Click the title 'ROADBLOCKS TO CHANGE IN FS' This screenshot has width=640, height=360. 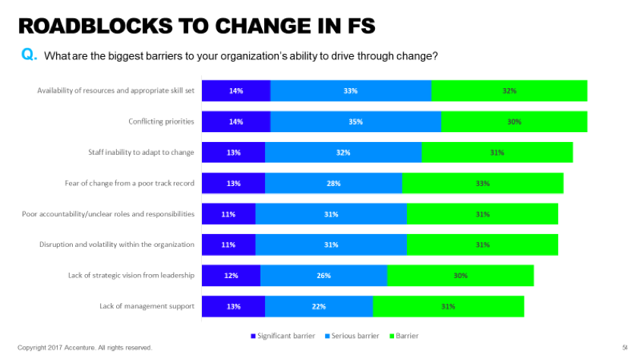point(196,27)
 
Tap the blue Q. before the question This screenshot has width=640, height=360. point(31,55)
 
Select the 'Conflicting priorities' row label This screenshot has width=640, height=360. point(161,122)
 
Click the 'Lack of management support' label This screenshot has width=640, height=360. point(147,307)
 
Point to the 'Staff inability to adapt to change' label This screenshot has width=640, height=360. point(141,153)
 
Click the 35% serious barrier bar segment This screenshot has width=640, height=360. point(355,122)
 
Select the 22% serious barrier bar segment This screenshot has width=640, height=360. point(319,307)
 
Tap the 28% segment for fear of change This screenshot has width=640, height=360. point(333,183)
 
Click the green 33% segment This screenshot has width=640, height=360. point(483,183)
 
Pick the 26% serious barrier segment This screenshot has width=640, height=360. point(323,276)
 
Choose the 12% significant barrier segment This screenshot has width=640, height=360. point(231,276)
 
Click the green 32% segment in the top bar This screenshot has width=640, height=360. point(509,91)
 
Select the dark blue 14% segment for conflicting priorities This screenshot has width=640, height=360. point(235,122)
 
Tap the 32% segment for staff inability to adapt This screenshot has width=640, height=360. point(343,153)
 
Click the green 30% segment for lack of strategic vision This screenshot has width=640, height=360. point(460,276)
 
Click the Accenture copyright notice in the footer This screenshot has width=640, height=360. point(84,348)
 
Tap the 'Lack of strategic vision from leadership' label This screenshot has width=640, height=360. point(131,276)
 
